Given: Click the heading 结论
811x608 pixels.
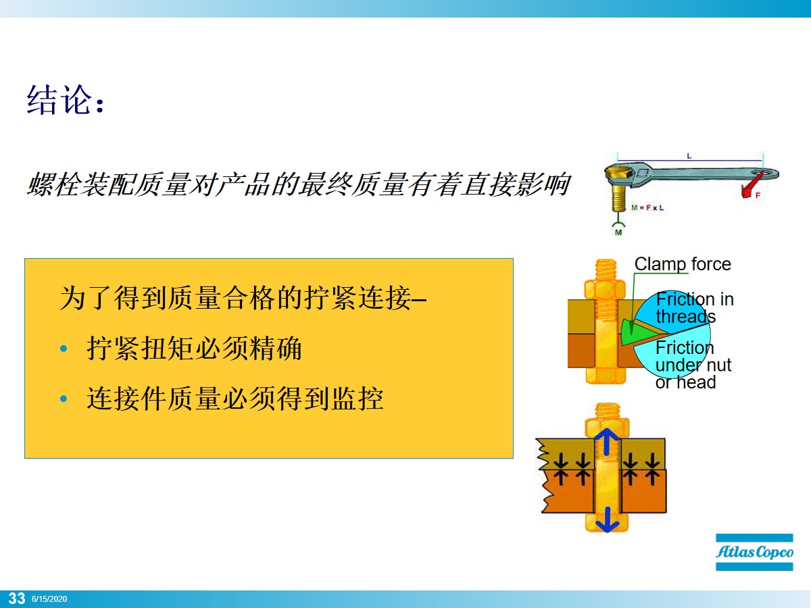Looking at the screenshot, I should point(66,101).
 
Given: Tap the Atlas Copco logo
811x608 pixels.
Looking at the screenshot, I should point(754,552).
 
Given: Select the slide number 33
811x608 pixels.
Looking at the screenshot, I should point(16,599).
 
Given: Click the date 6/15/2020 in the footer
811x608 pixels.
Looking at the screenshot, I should point(49,599).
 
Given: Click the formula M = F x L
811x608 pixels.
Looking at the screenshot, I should point(647,207).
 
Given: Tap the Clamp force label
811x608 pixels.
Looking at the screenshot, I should point(683,264).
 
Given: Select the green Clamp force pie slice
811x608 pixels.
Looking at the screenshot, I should point(631,329).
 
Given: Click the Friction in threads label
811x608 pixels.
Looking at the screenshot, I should point(694,307).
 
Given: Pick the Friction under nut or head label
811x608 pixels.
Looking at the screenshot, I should point(693,365).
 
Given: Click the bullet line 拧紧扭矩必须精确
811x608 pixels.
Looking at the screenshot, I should point(194,349).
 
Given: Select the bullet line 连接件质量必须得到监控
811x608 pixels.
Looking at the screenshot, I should point(235,399).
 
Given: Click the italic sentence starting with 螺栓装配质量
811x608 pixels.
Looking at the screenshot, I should point(297,184).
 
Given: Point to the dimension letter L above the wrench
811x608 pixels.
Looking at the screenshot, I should point(689,156).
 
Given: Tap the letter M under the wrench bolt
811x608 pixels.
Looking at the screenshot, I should point(617,233).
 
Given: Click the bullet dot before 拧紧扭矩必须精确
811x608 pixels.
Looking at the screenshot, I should point(64,349).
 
